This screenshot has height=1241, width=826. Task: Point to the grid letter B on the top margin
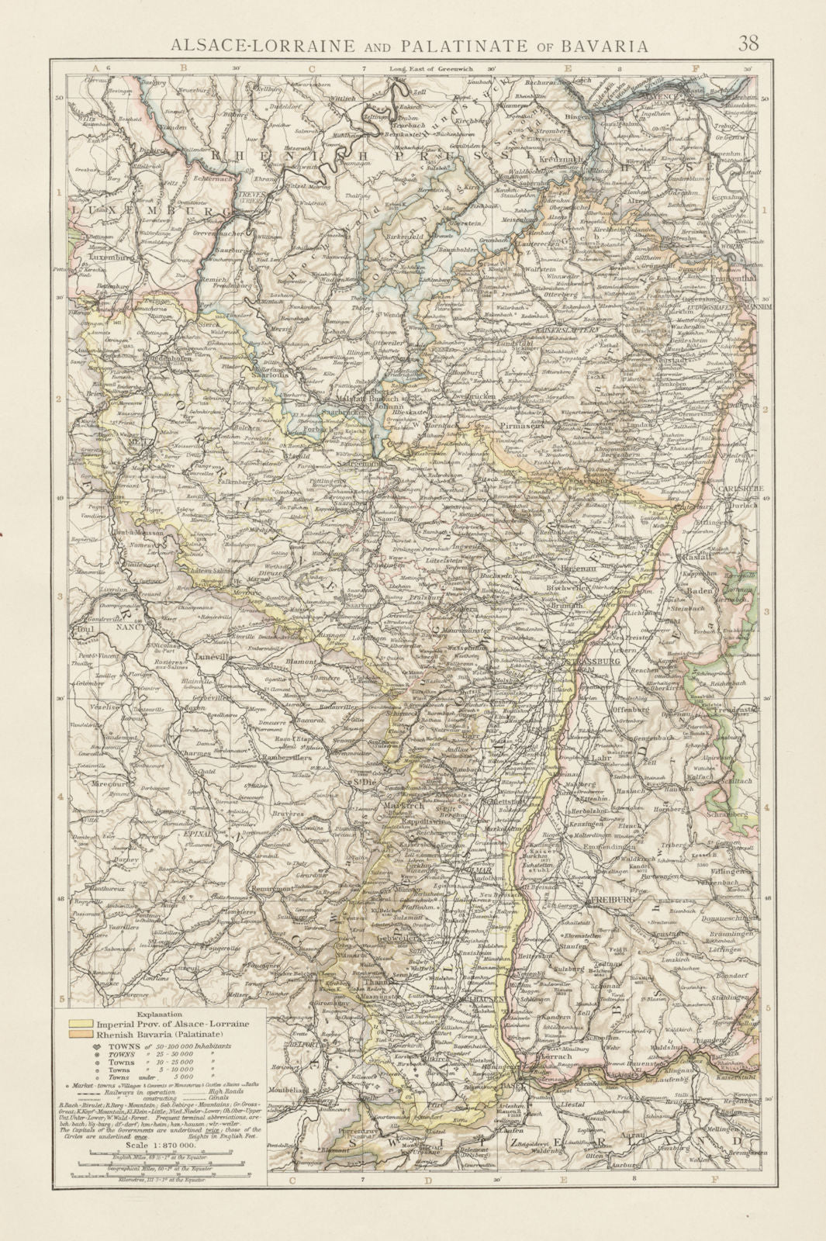184,68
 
